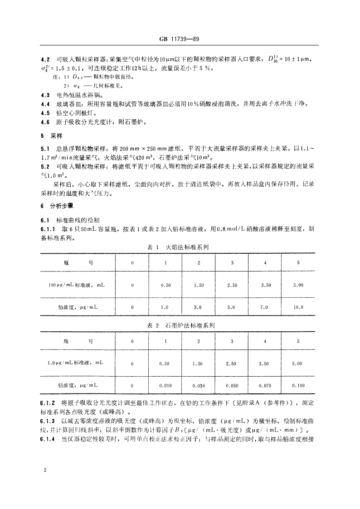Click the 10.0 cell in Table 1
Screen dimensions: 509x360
tap(298, 307)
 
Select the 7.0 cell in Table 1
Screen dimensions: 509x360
tap(265, 307)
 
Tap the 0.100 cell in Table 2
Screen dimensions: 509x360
tap(298, 385)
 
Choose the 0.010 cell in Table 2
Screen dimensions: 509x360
tap(165, 385)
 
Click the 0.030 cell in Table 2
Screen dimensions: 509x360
tap(199, 385)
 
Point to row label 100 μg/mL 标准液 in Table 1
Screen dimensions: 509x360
tap(76, 285)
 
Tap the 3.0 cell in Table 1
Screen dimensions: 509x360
tap(198, 307)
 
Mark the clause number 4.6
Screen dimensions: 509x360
tap(45, 122)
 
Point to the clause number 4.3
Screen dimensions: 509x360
tap(45, 96)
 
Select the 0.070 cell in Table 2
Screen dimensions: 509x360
tap(265, 385)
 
